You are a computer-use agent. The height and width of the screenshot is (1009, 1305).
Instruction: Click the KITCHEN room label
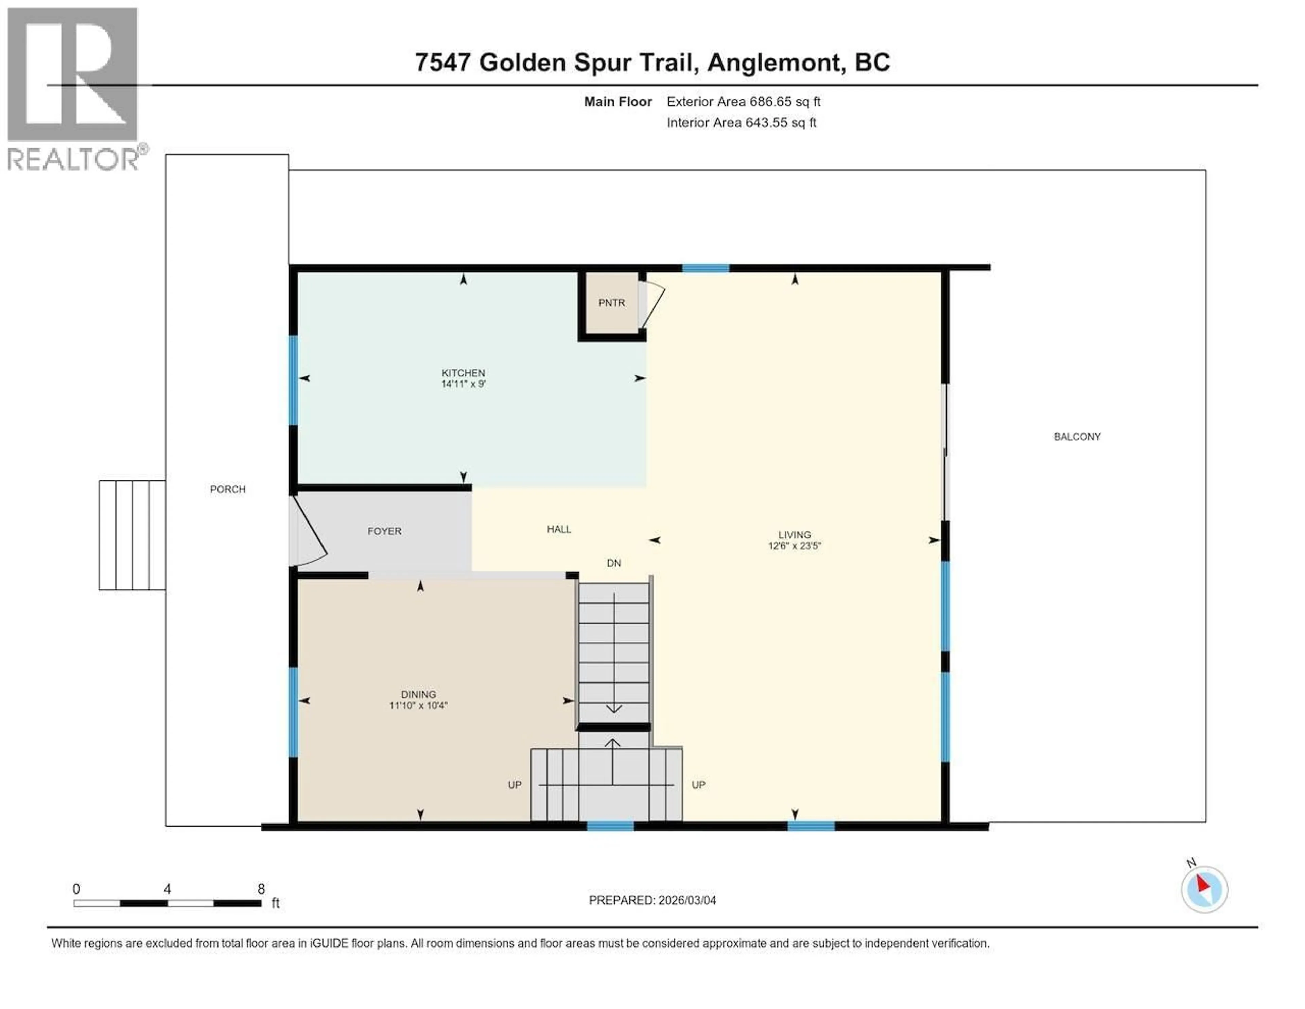pyautogui.click(x=463, y=373)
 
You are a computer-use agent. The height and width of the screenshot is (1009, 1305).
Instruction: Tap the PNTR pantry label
pyautogui.click(x=611, y=303)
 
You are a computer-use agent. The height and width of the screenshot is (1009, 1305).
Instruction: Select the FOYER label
pyautogui.click(x=384, y=531)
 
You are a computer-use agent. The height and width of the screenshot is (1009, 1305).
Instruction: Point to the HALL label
pyautogui.click(x=559, y=529)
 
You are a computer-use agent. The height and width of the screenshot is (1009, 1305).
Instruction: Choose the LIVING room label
pyautogui.click(x=794, y=535)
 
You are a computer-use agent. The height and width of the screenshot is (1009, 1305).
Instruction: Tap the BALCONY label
pyautogui.click(x=1077, y=437)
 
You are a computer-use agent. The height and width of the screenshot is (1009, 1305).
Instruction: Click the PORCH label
pyautogui.click(x=228, y=489)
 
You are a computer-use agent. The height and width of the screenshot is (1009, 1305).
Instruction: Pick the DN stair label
pyautogui.click(x=614, y=563)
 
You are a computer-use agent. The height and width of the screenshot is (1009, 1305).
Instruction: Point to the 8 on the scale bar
pyautogui.click(x=261, y=889)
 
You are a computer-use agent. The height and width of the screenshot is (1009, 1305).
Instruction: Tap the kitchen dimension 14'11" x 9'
pyautogui.click(x=463, y=384)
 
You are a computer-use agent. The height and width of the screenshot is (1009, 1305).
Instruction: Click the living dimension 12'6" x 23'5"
pyautogui.click(x=794, y=545)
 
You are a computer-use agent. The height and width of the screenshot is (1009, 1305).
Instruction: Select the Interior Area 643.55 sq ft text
pyautogui.click(x=741, y=122)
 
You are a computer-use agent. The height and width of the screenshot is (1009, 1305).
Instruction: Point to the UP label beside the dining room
pyautogui.click(x=515, y=785)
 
